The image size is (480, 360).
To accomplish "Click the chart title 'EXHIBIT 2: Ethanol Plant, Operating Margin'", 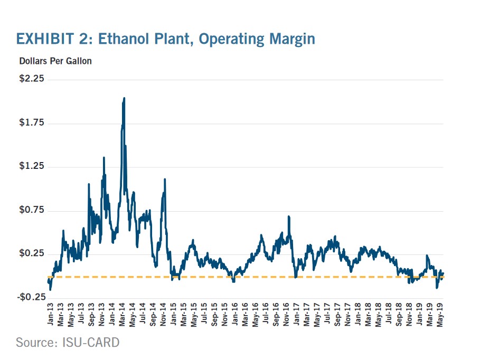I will pos(165,39).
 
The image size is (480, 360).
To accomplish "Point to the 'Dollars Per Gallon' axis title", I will pos(55,61).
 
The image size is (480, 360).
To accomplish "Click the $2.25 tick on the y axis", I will pos(32,79).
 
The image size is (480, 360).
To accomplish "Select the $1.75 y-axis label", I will pos(32,123).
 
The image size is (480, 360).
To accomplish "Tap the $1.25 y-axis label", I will pos(32,167).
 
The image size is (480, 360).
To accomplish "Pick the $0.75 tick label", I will pos(32,211).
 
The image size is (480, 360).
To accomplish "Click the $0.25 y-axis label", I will pos(32,254).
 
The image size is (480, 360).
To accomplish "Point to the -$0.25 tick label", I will pos(31,298).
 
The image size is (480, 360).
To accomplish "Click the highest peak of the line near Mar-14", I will pos(124,98).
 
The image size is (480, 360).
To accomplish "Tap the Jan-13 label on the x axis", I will pos(50,315).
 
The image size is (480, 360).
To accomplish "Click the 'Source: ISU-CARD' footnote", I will pos(68,343).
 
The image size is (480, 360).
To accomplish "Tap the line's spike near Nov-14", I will pos(165,179).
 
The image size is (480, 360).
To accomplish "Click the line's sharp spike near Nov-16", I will pos(289,216).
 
